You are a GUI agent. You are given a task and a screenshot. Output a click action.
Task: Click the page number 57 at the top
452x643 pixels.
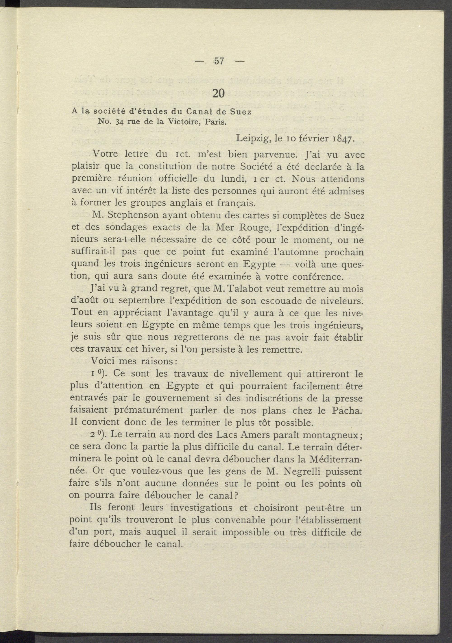click(x=219, y=61)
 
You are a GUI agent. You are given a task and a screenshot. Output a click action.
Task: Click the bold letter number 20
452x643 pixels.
click(x=219, y=93)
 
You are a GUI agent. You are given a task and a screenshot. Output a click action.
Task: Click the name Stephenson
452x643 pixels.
click(x=133, y=215)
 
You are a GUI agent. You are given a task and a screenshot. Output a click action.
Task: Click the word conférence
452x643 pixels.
click(x=318, y=276)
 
